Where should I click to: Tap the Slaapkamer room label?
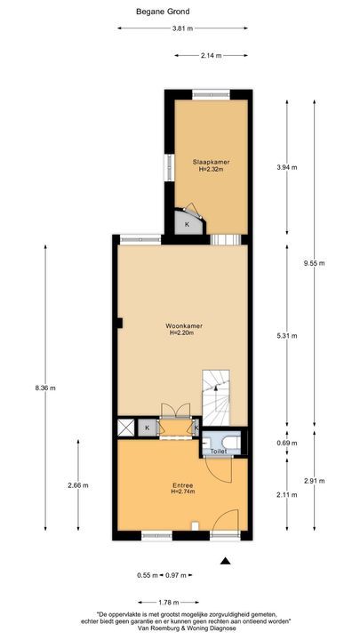click(x=211, y=162)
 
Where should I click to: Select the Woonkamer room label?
click(x=185, y=327)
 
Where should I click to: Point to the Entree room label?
click(x=183, y=484)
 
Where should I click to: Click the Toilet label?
click(x=218, y=452)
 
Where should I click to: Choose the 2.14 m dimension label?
click(x=211, y=56)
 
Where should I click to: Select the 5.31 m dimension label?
click(x=286, y=336)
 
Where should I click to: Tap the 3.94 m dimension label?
click(x=286, y=167)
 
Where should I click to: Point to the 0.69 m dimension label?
click(x=286, y=442)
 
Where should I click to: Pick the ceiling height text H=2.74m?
click(x=183, y=491)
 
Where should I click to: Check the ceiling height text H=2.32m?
click(x=211, y=169)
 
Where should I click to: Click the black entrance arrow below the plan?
click(x=227, y=561)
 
